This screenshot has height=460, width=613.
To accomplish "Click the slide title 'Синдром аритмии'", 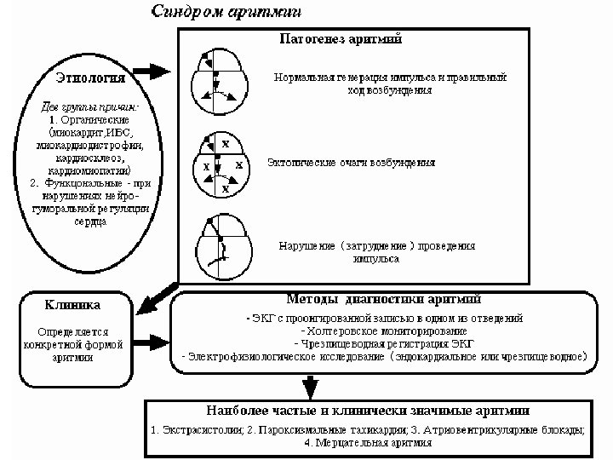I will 226,12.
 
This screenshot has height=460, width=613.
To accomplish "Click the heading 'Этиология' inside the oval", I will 90,78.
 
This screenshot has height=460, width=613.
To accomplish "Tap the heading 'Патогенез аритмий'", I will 341,39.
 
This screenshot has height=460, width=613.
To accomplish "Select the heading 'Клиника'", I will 72,304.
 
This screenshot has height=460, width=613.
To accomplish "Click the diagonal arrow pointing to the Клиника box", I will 157,294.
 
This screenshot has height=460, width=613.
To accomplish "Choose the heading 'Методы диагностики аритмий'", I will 384,300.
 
